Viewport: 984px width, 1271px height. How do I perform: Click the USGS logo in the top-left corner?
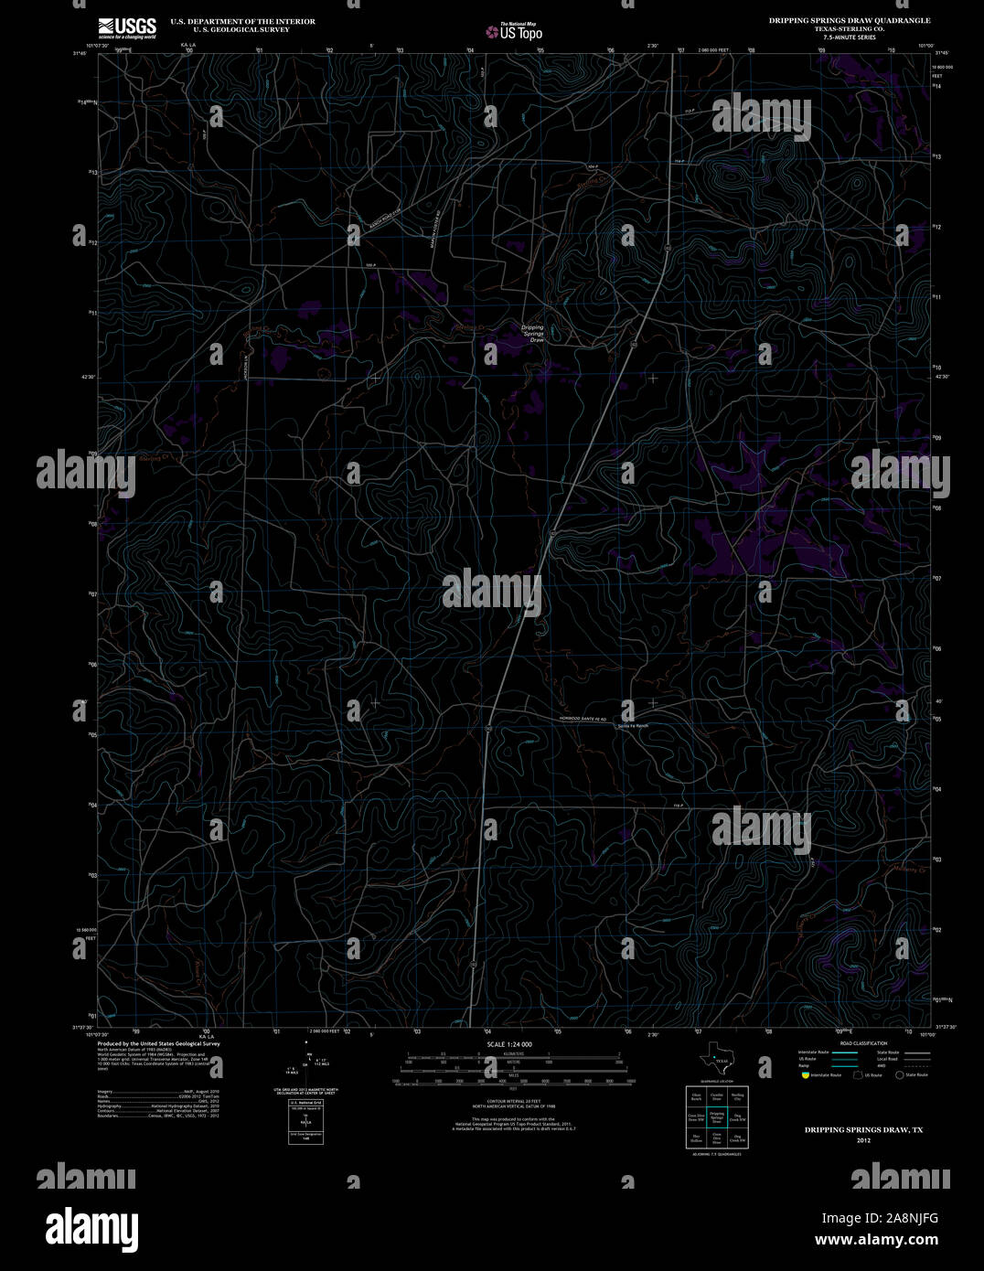point(127,27)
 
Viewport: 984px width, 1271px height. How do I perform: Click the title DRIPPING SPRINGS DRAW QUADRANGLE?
point(850,20)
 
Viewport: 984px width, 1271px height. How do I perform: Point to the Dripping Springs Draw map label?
point(532,333)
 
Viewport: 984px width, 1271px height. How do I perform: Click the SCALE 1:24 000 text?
point(509,1044)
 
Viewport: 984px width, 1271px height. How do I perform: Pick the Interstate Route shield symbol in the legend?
point(804,1075)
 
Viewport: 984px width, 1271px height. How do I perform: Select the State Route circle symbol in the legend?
point(899,1075)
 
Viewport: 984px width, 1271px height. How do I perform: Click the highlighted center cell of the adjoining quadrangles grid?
point(717,1117)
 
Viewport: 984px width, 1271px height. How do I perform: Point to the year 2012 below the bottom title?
point(863,1140)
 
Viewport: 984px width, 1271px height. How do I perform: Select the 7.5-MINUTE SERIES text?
point(850,37)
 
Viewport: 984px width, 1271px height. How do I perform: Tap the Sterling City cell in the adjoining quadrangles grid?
point(737,1095)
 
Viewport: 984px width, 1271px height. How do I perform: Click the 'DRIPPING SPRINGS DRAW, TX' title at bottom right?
point(863,1130)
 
